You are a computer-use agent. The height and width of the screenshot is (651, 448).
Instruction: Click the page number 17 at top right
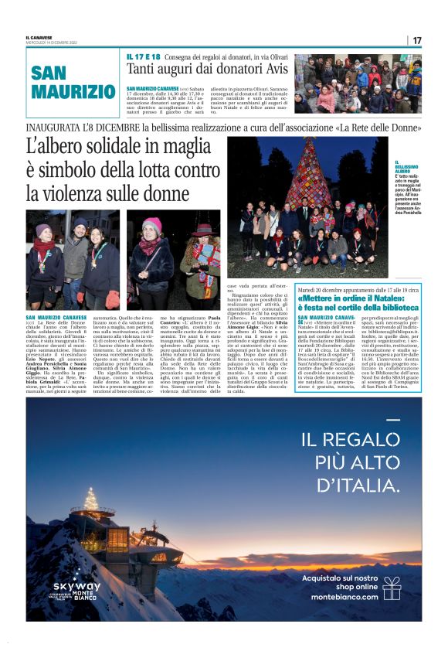point(417,40)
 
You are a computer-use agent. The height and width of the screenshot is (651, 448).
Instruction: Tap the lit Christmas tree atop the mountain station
point(91,497)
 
